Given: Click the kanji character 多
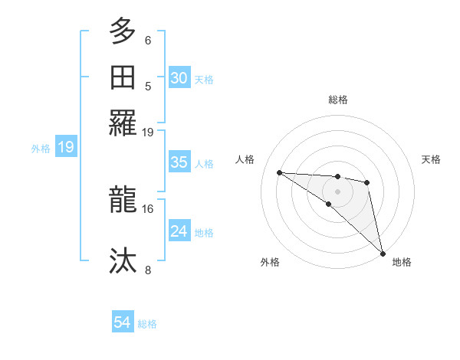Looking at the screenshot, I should coord(123,33).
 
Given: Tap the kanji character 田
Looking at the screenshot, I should coord(123,77).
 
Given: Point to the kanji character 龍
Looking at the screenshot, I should coord(123,200).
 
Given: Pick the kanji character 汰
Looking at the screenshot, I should coord(123,261).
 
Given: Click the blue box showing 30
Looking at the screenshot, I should coord(179,77).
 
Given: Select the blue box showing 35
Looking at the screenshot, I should coord(179,162).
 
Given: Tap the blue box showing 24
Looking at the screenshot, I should coord(179,231).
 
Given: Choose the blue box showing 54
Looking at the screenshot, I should coord(123,322).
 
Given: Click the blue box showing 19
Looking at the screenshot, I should coord(65,147).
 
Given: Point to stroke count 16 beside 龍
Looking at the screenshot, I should coord(148,208).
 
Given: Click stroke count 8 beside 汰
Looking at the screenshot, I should coord(148,270).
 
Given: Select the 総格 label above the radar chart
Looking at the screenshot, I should coord(338,100).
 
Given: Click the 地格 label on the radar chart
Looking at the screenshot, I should coord(402,262).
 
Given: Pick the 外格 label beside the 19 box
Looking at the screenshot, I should coord(41,149).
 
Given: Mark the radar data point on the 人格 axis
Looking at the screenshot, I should coord(279,172).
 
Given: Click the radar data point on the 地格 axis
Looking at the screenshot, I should coord(382,254).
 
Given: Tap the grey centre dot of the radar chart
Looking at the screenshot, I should coord(337,191).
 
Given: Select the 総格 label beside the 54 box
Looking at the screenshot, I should coord(147,324).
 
